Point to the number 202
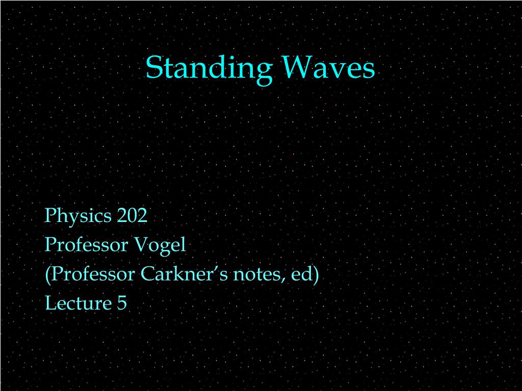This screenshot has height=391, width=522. click(132, 216)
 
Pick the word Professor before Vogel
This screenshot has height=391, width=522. click(86, 245)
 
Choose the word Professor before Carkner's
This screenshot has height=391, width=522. click(93, 274)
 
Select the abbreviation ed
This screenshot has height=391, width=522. click(301, 274)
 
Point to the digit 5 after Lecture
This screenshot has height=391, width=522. click(122, 303)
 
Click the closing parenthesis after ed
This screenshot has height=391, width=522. click(316, 275)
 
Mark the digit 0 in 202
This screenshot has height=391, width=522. click(132, 216)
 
